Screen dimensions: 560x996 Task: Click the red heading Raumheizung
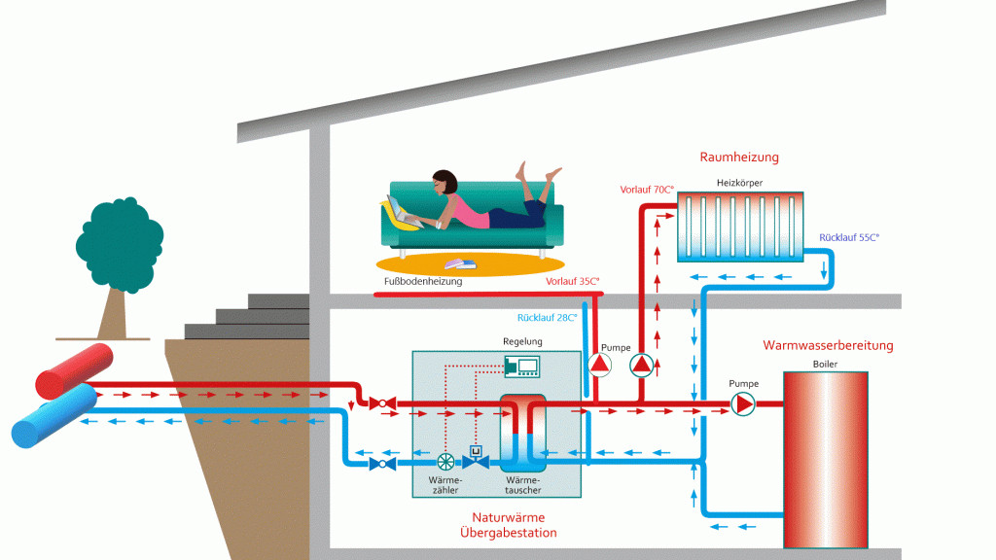(739, 157)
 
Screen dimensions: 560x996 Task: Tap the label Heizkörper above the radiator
(739, 183)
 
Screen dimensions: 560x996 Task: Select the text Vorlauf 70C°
(647, 190)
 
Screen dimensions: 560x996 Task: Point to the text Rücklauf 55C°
(848, 237)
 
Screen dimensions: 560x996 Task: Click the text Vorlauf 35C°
(572, 281)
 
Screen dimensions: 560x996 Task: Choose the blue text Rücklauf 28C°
(547, 317)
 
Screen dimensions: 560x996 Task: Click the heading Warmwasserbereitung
(828, 345)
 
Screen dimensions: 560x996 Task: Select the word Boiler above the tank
(824, 365)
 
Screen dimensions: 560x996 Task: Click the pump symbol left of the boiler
(743, 403)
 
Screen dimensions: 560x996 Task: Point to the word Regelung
(522, 342)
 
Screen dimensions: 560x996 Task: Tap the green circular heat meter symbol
(445, 463)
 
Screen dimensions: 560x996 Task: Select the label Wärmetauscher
(522, 484)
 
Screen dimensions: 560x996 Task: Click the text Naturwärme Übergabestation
(508, 525)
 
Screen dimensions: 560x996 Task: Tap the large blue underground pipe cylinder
(53, 415)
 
